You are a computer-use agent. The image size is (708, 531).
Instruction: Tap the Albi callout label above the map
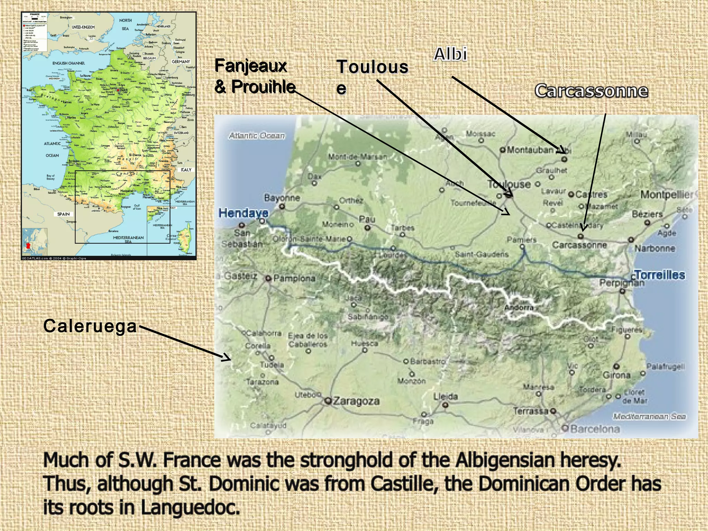pyautogui.click(x=450, y=55)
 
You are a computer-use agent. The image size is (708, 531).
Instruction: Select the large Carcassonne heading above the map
pyautogui.click(x=591, y=91)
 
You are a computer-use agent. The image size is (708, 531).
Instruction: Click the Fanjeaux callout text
pyautogui.click(x=251, y=66)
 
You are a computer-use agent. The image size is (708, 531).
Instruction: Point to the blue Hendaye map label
pyautogui.click(x=243, y=213)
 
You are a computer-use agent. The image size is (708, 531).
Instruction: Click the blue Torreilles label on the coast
pyautogui.click(x=660, y=275)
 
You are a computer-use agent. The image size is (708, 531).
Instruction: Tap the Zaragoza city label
pyautogui.click(x=356, y=401)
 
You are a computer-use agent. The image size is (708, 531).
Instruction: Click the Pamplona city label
pyautogui.click(x=294, y=278)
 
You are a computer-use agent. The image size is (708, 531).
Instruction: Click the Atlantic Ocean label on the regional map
pyautogui.click(x=257, y=136)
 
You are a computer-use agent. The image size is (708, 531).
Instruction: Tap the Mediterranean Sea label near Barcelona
pyautogui.click(x=649, y=417)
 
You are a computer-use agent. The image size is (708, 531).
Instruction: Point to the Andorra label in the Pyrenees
pyautogui.click(x=519, y=307)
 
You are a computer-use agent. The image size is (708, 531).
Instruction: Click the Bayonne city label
pyautogui.click(x=282, y=198)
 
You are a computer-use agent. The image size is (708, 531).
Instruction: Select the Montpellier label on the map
pyautogui.click(x=667, y=195)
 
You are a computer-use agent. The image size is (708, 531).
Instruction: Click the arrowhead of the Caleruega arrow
pyautogui.click(x=227, y=358)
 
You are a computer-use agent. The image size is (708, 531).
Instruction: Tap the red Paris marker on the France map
pyautogui.click(x=118, y=90)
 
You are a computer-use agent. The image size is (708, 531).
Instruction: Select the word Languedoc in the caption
pyautogui.click(x=190, y=507)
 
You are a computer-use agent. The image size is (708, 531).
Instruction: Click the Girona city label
pyautogui.click(x=616, y=375)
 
